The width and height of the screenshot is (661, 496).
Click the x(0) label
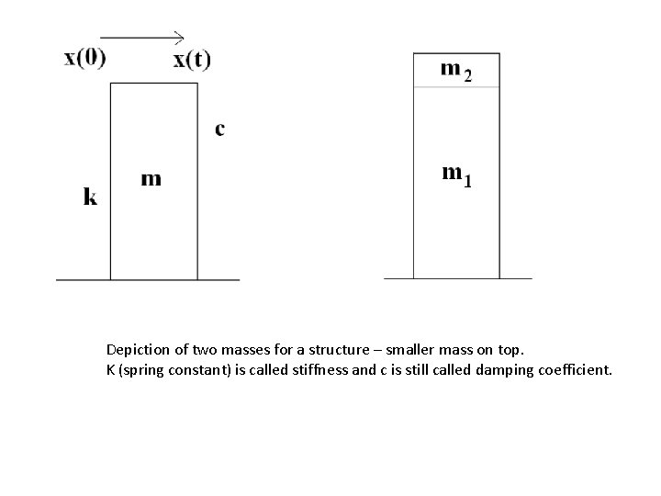coord(84,58)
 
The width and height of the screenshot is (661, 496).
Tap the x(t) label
coord(191,61)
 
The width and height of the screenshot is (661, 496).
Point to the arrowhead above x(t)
coord(180,38)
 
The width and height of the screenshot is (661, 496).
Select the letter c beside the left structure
coord(219,129)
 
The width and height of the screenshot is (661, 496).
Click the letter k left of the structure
coord(90,196)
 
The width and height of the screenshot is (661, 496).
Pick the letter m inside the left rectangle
coord(151,178)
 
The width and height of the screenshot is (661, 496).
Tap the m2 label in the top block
coord(456,69)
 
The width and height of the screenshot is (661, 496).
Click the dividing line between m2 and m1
coord(456,86)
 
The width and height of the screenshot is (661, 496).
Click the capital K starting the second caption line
coord(110,369)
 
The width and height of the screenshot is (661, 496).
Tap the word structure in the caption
coord(337,350)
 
